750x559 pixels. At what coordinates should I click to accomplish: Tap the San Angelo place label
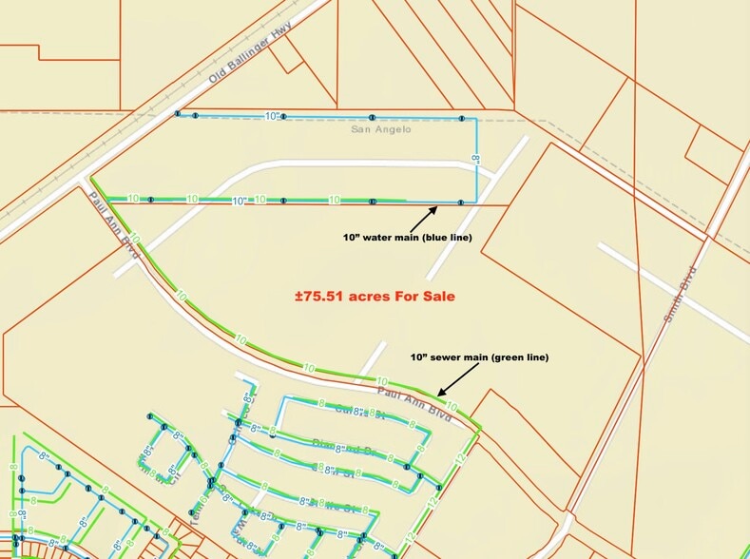pos(380,129)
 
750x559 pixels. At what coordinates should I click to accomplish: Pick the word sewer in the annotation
pos(451,357)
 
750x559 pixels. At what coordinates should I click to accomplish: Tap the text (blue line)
pos(446,235)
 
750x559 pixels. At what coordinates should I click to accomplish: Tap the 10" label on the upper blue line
pos(274,116)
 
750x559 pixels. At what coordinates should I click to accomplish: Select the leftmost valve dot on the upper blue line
pos(177,114)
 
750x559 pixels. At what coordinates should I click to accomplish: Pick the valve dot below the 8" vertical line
pos(461,202)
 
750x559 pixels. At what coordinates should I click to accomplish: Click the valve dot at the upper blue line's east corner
pos(462,119)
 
